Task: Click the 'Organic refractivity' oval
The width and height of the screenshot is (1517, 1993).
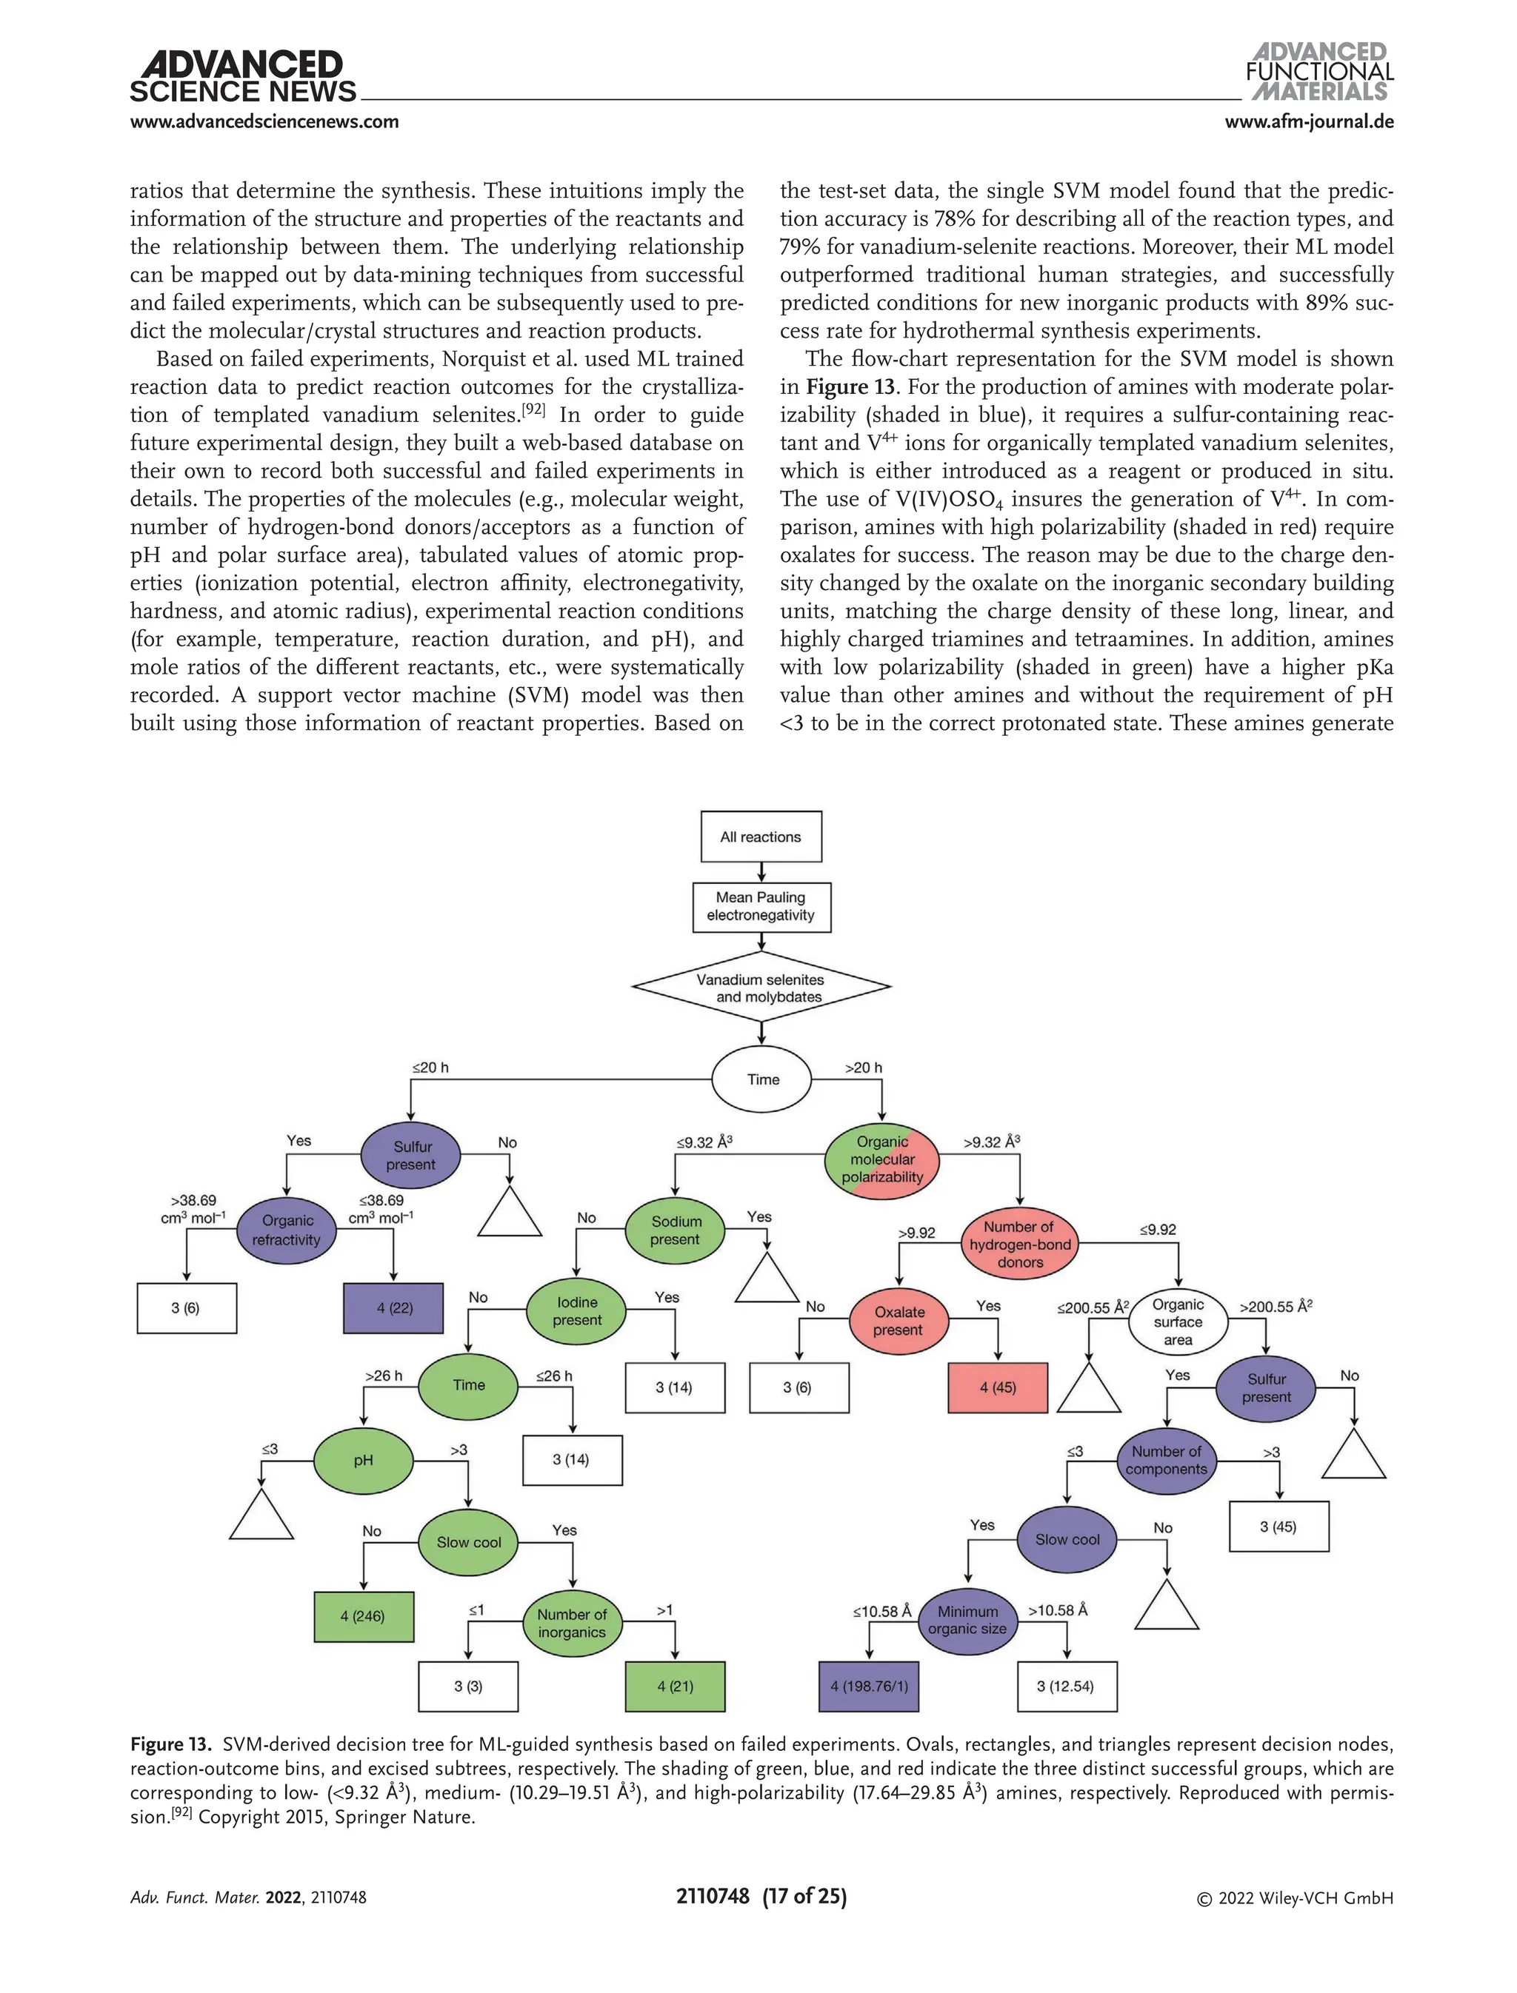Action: point(286,1230)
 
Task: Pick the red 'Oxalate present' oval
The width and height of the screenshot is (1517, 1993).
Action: point(898,1321)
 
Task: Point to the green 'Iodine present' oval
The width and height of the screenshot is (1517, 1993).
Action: point(577,1310)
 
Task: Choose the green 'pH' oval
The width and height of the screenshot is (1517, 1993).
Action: point(363,1461)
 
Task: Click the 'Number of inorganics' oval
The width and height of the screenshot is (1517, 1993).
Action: point(573,1623)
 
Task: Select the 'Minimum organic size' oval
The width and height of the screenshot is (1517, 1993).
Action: point(967,1620)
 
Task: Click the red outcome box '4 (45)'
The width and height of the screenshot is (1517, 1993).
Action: point(998,1387)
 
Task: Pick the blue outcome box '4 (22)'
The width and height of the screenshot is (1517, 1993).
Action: point(395,1308)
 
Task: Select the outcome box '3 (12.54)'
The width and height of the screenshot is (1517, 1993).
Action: point(1067,1686)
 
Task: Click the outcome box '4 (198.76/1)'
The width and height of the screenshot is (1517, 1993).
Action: point(869,1686)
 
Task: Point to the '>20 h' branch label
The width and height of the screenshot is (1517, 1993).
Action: point(863,1068)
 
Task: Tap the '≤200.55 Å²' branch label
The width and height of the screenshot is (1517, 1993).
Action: point(1093,1307)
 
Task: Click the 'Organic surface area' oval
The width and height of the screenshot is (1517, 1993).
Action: point(1178,1322)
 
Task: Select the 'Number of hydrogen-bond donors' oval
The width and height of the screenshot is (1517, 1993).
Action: point(1019,1244)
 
